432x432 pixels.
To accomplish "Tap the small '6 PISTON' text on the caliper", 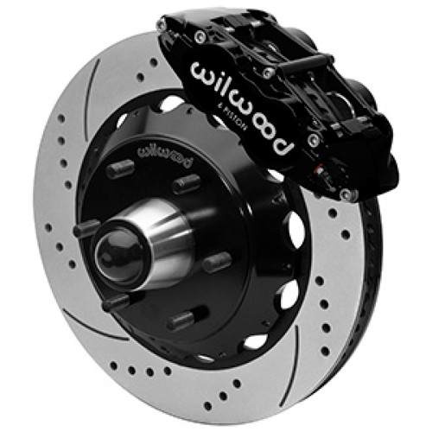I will click(226, 119).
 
